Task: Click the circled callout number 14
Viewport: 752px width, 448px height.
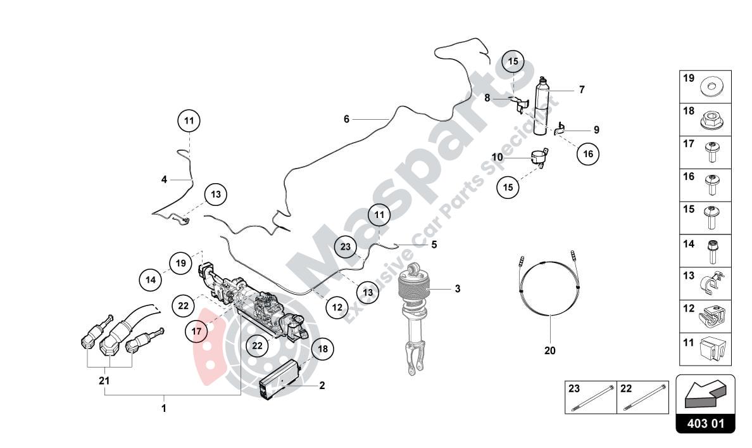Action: (x=151, y=279)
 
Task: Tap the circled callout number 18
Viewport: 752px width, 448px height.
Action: (x=322, y=349)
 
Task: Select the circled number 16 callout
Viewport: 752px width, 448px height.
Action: (x=587, y=153)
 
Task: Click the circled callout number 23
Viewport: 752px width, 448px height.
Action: (x=345, y=247)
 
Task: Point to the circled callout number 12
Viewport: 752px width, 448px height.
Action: (x=337, y=307)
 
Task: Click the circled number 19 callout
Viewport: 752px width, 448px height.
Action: (x=180, y=262)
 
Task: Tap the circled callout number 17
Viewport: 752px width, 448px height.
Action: (x=197, y=330)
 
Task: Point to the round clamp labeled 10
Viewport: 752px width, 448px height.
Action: (x=537, y=156)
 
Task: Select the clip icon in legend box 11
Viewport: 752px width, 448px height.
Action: (x=713, y=349)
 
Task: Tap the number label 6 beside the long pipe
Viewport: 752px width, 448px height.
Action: (x=346, y=119)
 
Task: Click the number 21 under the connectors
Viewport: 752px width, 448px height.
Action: (x=104, y=381)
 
